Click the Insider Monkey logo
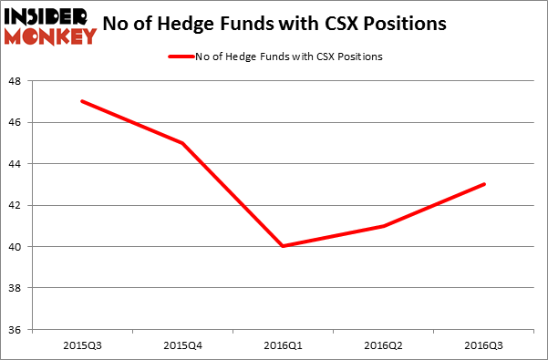tap(51, 26)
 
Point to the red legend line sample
tap(180, 57)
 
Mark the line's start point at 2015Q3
tap(82, 101)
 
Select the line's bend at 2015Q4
tap(183, 143)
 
